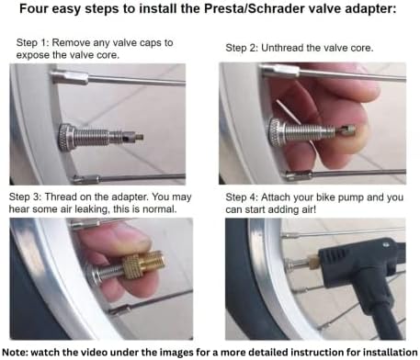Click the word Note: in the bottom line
[19, 351]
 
